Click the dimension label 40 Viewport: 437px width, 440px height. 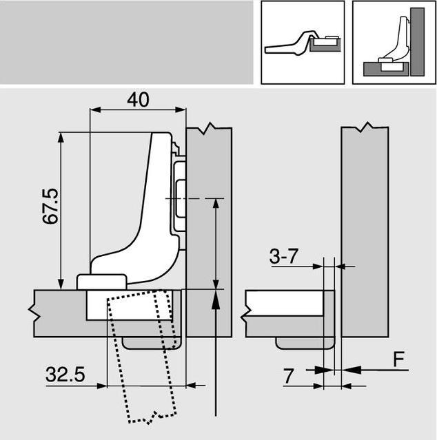pyautogui.click(x=138, y=99)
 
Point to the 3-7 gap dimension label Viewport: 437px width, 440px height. pyautogui.click(x=283, y=257)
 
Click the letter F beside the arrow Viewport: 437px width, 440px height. pyautogui.click(x=398, y=359)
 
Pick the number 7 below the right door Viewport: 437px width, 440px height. pyautogui.click(x=289, y=376)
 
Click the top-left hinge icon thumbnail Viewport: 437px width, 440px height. pyautogui.click(x=302, y=42)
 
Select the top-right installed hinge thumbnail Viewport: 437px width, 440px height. pyautogui.click(x=393, y=42)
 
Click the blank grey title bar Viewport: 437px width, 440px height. pyautogui.click(x=127, y=42)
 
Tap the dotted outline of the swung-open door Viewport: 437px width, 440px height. pyautogui.click(x=141, y=358)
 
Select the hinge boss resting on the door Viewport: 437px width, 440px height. pyautogui.click(x=101, y=281)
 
